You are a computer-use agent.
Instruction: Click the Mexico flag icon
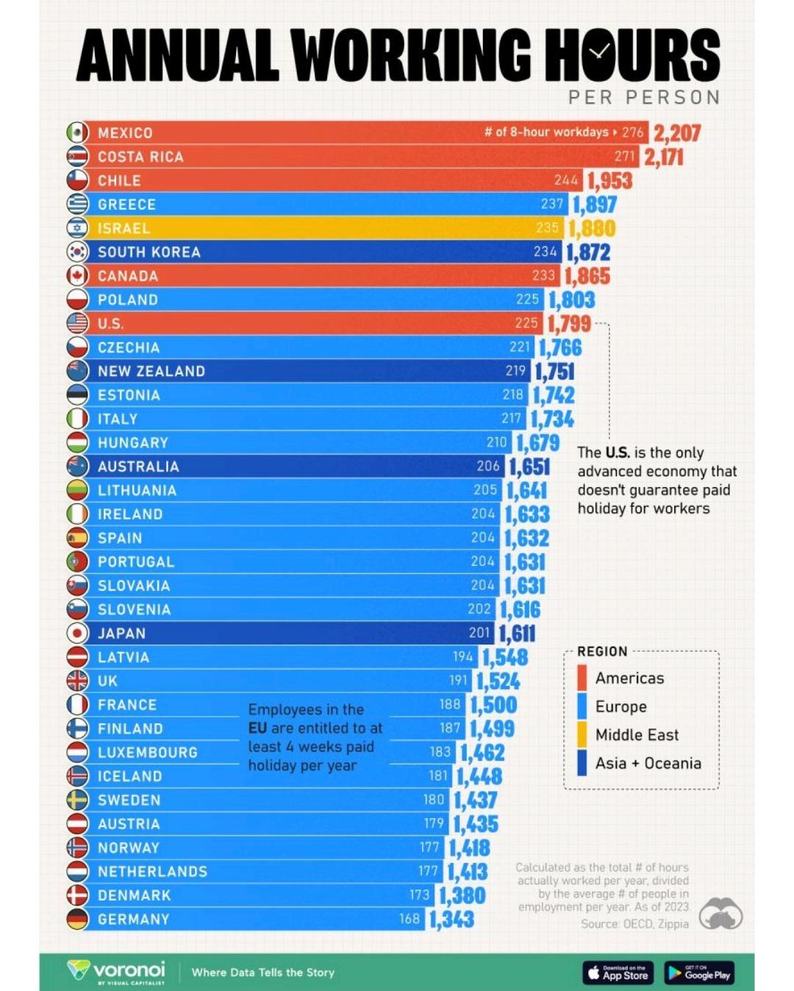point(77,132)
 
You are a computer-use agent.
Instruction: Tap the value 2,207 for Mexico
point(676,133)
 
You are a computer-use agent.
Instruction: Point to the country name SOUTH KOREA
point(149,252)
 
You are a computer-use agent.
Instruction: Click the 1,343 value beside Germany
point(451,919)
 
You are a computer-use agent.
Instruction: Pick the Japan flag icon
point(77,633)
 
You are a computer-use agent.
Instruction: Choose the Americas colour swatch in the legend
point(582,678)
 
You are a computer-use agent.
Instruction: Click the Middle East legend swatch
point(582,734)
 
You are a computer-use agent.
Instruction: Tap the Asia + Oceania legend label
point(648,763)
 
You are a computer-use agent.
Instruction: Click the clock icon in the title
point(598,51)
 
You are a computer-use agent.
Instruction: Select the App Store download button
point(618,973)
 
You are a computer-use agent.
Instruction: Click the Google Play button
point(698,973)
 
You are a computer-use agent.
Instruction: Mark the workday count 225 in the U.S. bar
point(526,323)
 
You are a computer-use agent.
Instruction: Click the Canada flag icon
point(77,276)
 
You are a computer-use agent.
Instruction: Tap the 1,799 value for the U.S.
point(569,324)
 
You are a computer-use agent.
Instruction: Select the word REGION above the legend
point(602,651)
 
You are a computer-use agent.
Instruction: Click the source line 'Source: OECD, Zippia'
point(634,923)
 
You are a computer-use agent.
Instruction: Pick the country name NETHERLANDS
point(152,872)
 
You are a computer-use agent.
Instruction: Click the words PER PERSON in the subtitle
point(644,97)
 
